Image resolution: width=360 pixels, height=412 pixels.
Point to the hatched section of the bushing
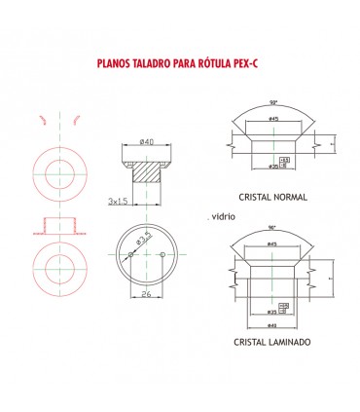click(148, 175)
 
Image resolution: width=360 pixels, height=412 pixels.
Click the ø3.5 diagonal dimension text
click(143, 241)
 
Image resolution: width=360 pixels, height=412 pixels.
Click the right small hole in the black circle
click(162, 255)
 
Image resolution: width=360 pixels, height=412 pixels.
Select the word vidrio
click(225, 212)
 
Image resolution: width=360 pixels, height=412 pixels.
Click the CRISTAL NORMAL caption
click(271, 197)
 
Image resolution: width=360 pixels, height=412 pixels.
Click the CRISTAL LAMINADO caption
click(272, 343)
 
